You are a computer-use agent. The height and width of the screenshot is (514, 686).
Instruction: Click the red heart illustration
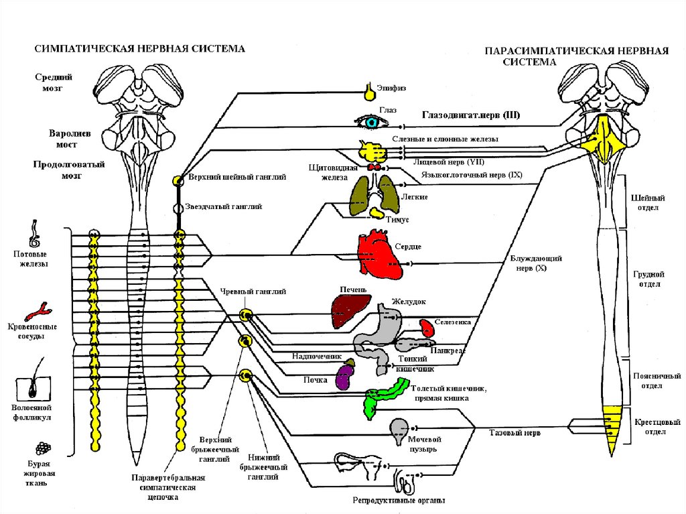point(379,255)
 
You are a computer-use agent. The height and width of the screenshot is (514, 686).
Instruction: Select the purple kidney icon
point(345,377)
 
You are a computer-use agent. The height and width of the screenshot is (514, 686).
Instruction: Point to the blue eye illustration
point(371,122)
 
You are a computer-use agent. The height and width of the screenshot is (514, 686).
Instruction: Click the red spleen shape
point(427,328)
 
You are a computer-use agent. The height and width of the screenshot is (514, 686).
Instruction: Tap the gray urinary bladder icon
point(399,432)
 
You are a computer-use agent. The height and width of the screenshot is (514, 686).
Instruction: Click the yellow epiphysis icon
point(370,92)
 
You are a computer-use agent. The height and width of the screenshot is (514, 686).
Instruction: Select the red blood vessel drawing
point(37,312)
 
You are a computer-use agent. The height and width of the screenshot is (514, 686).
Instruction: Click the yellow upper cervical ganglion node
point(178,180)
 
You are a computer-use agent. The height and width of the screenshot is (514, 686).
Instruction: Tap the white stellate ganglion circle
point(178,208)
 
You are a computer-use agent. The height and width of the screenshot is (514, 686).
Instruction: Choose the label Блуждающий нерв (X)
point(536,263)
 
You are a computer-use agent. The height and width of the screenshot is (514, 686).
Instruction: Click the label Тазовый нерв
point(514,433)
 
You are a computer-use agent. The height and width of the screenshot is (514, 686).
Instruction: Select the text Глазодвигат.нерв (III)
point(471,115)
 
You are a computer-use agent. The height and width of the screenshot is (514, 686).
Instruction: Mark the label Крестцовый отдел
point(657,427)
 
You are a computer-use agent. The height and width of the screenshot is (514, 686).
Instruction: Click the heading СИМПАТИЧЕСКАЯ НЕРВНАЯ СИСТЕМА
point(139,49)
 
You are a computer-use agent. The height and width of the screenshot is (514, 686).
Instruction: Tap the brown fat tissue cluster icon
point(43,448)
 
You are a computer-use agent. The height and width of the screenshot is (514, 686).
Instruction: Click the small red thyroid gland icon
point(374,168)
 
